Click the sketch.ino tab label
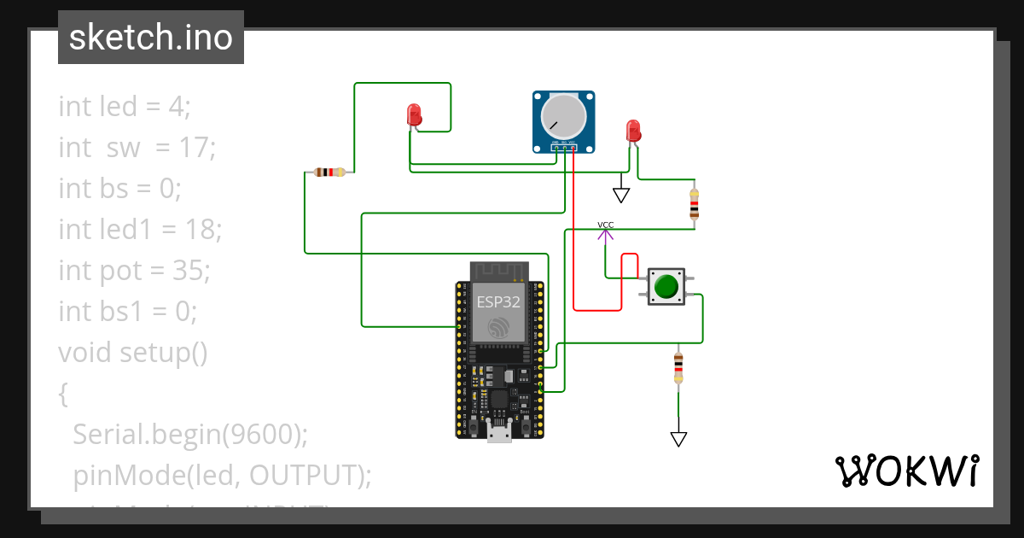coord(150,38)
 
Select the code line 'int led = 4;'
coord(125,107)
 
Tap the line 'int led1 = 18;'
coord(140,230)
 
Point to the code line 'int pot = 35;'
coord(134,271)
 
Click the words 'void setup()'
coord(133,352)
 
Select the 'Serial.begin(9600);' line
coord(189,434)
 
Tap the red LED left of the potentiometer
coord(414,115)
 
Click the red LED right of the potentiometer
coord(632,131)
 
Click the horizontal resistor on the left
coord(329,173)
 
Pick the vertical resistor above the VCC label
coord(694,204)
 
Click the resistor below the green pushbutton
coord(678,367)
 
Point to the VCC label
coord(605,225)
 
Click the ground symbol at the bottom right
coord(678,439)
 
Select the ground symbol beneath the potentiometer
coord(621,195)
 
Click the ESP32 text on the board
coord(498,301)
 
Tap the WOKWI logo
coord(906,471)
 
